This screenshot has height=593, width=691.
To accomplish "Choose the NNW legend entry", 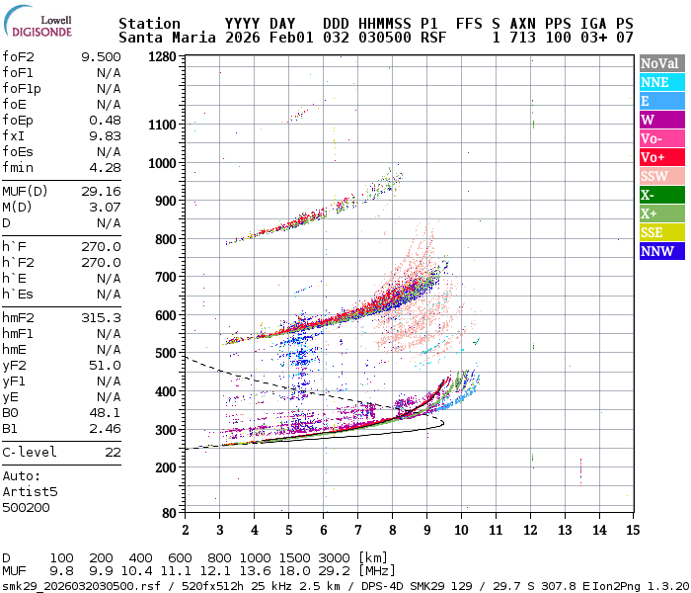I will pyautogui.click(x=658, y=251).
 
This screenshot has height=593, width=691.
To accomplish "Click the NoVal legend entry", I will pyautogui.click(x=658, y=63).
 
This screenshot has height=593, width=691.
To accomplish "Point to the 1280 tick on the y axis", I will pyautogui.click(x=160, y=56).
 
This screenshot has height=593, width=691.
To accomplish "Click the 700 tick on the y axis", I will pyautogui.click(x=164, y=277).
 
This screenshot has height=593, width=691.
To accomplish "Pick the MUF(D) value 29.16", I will pyautogui.click(x=101, y=191).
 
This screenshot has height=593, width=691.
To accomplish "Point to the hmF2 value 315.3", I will pyautogui.click(x=101, y=317).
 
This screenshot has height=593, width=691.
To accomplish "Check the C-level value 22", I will pyautogui.click(x=113, y=452).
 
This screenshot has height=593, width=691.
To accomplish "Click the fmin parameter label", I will pyautogui.click(x=18, y=167).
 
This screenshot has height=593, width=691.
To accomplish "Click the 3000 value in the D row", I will pyautogui.click(x=336, y=558).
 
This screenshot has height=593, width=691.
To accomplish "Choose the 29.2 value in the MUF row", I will pyautogui.click(x=336, y=571).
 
